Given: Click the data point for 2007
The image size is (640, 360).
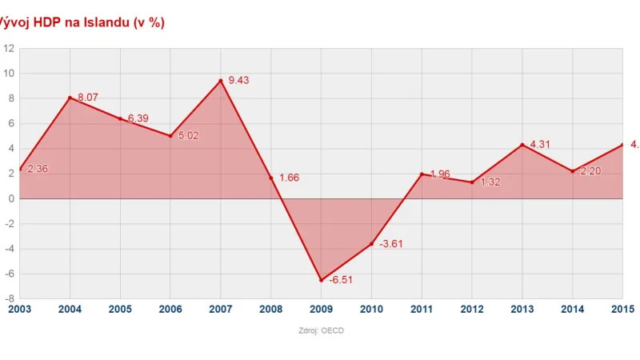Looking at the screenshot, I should [221, 80].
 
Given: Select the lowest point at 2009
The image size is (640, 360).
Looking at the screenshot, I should [322, 280].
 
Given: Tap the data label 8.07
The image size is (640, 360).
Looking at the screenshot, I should [88, 97].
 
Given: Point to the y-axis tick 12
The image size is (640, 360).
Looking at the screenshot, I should [9, 48].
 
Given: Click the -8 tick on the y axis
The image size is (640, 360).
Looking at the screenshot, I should [9, 299].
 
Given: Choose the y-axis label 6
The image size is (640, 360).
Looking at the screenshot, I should [10, 123].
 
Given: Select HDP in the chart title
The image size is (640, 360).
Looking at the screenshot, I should [46, 22].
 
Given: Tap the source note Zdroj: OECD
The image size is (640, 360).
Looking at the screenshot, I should [321, 330].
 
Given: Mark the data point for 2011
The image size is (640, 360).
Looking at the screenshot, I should [422, 174].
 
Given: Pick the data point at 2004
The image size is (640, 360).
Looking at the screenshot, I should [70, 98].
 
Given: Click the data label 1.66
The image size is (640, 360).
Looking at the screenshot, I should [289, 178].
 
